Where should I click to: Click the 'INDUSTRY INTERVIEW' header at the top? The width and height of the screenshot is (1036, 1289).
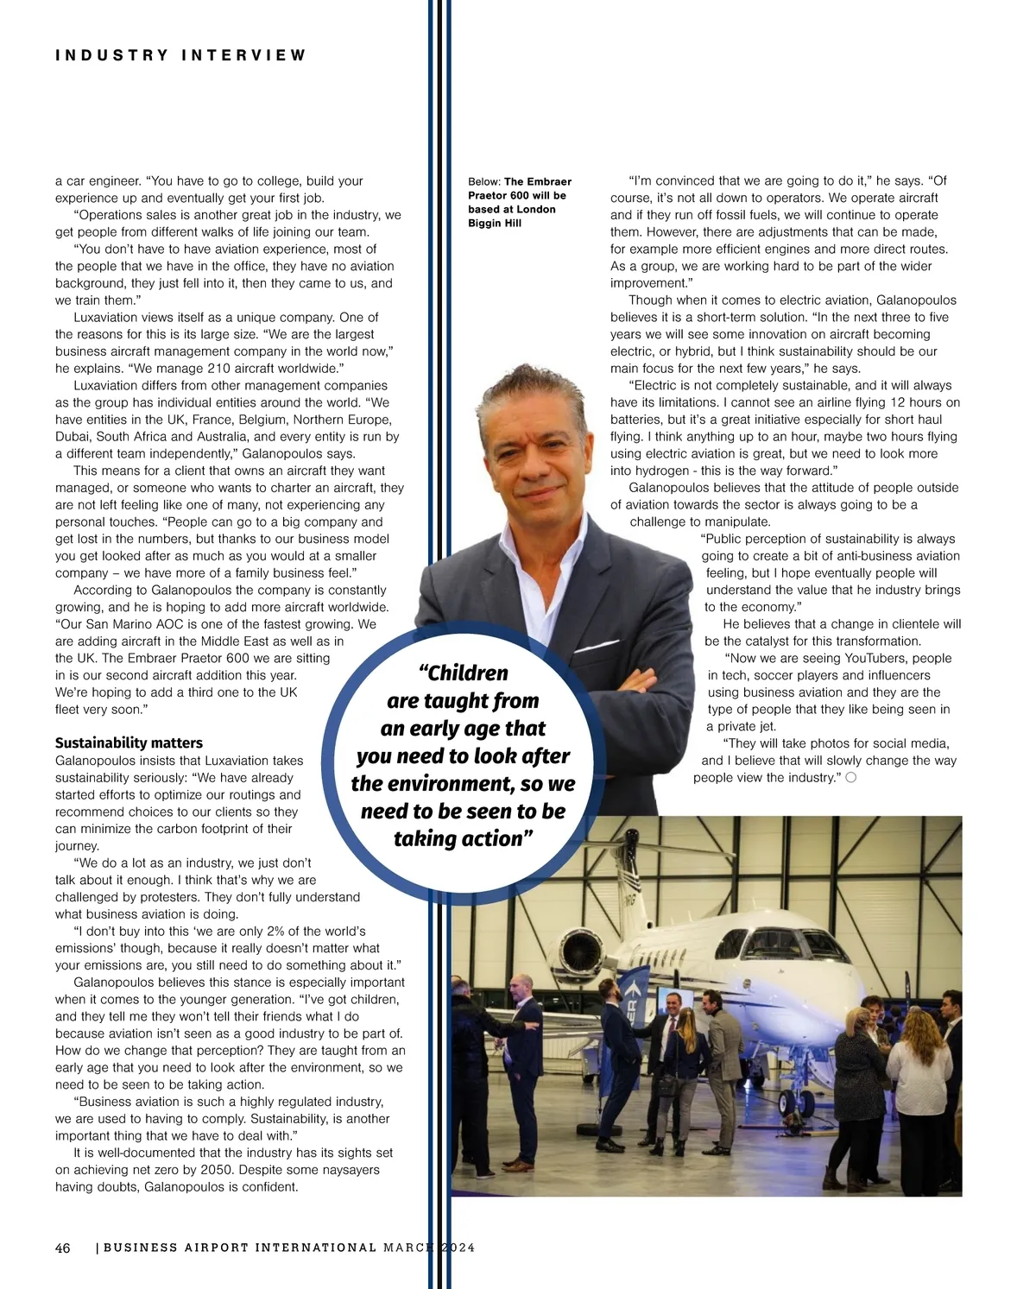click(x=180, y=55)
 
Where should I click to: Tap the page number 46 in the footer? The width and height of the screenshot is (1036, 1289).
click(x=63, y=1248)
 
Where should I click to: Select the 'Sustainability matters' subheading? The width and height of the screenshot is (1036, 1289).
click(x=129, y=742)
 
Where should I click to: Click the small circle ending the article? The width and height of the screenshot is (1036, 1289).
click(x=850, y=778)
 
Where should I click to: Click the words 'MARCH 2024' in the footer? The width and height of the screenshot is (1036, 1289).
click(x=428, y=1248)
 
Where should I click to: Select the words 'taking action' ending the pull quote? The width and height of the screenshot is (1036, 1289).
click(x=458, y=838)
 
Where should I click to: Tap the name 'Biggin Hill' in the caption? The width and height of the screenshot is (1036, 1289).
click(x=495, y=223)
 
